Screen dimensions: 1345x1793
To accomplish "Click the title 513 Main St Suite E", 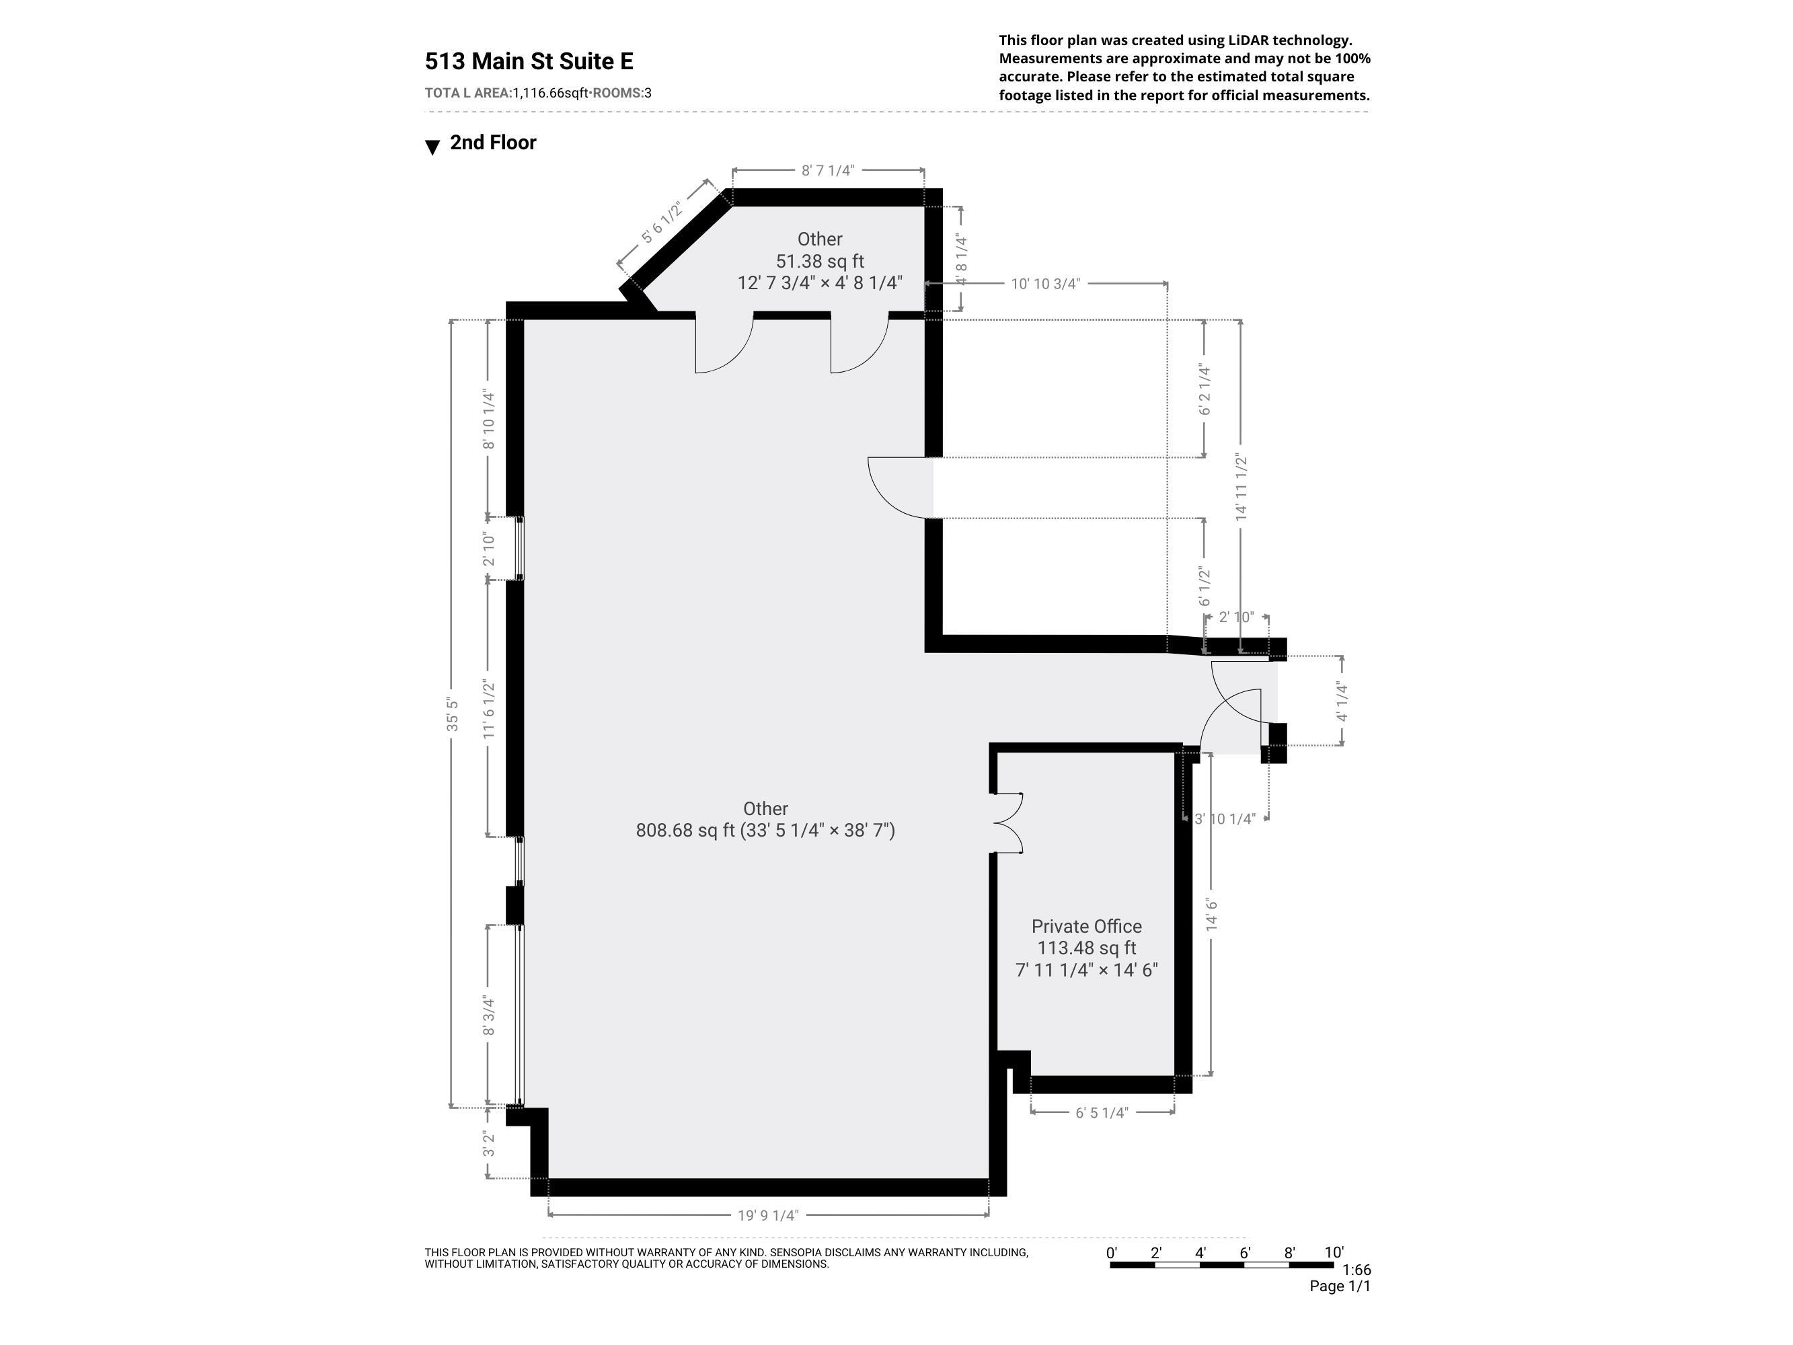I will tap(529, 62).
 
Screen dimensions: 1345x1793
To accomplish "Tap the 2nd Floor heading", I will tap(492, 143).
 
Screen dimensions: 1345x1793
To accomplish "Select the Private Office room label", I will tap(1086, 926).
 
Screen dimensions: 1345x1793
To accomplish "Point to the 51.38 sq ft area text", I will tap(820, 261).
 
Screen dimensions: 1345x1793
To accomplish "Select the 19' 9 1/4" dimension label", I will tap(767, 1215).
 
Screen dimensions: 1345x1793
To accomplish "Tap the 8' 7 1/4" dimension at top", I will tap(828, 170).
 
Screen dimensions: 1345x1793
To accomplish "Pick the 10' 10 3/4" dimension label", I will tap(1045, 284).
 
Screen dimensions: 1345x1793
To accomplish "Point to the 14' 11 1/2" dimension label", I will tap(1241, 486).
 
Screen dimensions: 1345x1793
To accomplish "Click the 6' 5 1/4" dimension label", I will tap(1102, 1112).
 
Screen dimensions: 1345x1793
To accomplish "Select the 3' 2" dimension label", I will tap(488, 1144).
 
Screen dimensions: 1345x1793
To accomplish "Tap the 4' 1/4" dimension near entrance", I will tap(1342, 702).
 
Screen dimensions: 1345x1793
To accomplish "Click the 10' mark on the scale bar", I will tap(1334, 1253).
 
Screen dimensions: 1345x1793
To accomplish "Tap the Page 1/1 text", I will tap(1339, 1286).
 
